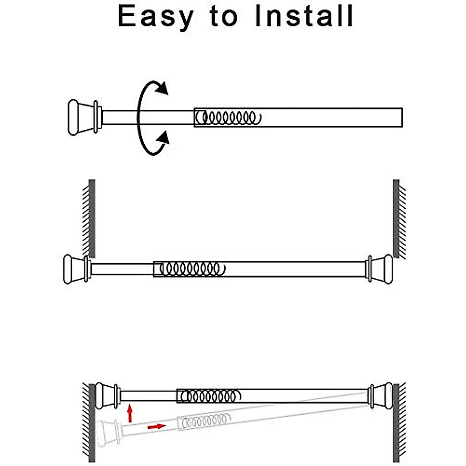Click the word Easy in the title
coord(155,16)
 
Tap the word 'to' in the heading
coord(224,16)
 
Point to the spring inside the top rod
coord(229,117)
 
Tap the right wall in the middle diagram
coord(396,217)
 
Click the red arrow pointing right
coord(156,426)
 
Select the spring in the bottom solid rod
coord(210,396)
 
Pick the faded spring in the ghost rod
coord(204,422)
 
